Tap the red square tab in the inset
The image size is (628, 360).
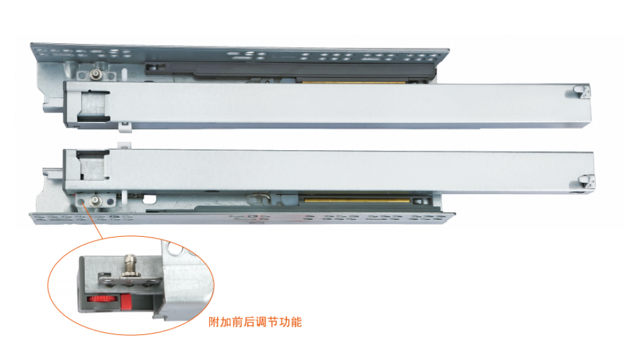point(126,302)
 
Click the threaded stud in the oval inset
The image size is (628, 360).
point(129,265)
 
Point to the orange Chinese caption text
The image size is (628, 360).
point(255,322)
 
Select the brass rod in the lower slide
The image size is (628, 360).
point(357,200)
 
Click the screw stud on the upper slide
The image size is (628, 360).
point(95,73)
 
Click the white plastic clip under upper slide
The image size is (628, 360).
point(126,127)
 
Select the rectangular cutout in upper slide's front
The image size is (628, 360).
point(94,106)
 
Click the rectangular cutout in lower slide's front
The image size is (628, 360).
point(92,165)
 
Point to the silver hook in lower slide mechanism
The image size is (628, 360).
point(259,197)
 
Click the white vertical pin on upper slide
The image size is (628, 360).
point(124,74)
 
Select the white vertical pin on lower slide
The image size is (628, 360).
point(124,196)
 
